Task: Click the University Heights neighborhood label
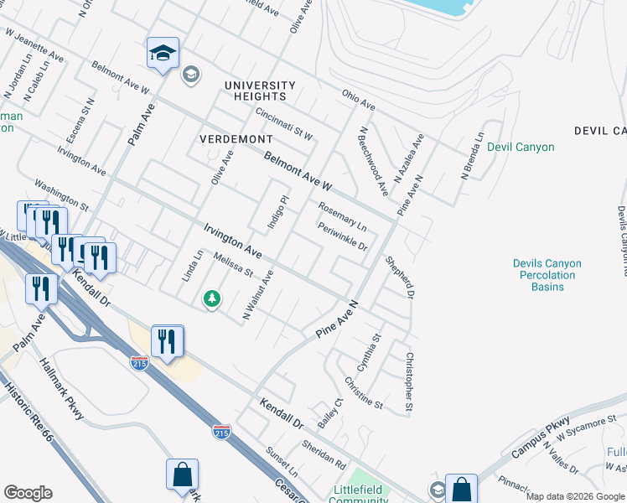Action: tap(260, 91)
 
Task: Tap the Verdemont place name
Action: tap(236, 138)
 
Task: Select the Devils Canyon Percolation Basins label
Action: tap(547, 275)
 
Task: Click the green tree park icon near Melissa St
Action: tap(213, 298)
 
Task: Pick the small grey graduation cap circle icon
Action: tap(190, 75)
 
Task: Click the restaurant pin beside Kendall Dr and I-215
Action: tap(167, 342)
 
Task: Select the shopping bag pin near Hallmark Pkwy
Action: tap(182, 475)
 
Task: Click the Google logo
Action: tap(28, 493)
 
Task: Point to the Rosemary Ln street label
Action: tap(342, 216)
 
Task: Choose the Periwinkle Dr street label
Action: tap(342, 236)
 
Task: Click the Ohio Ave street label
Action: tap(358, 100)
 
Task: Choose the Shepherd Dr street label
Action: tap(400, 277)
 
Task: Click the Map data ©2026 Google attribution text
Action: tap(575, 496)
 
